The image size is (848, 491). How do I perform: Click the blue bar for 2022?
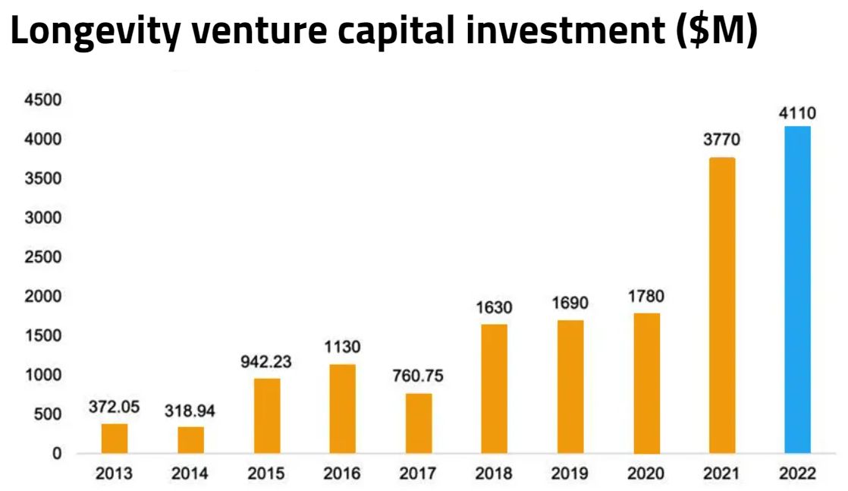point(797,290)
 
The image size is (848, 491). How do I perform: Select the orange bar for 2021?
point(721,305)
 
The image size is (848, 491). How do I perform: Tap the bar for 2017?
point(419,423)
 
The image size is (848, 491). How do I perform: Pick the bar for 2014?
point(191,439)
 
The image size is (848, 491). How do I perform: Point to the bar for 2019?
point(570,386)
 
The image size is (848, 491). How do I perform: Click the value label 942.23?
point(262,362)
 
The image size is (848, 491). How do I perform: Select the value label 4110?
point(797,114)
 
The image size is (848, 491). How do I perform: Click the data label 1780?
point(645,297)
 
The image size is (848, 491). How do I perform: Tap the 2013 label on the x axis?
point(114,474)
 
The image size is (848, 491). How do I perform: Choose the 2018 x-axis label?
point(494,474)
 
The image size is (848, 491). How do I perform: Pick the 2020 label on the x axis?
point(645,474)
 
